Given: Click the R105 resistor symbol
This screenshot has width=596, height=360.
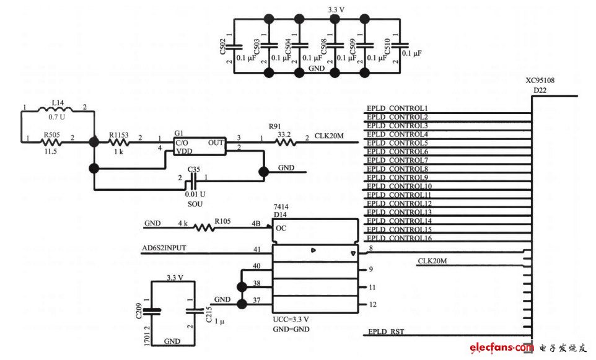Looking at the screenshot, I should coord(205,227).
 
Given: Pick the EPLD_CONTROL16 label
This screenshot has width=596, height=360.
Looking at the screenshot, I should coord(399,239).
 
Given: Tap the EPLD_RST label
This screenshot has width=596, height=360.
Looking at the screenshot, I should coord(385,332).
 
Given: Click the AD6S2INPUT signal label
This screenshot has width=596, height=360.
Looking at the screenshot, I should coord(164,248).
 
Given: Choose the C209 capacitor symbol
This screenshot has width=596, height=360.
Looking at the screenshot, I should coord(155,311).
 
